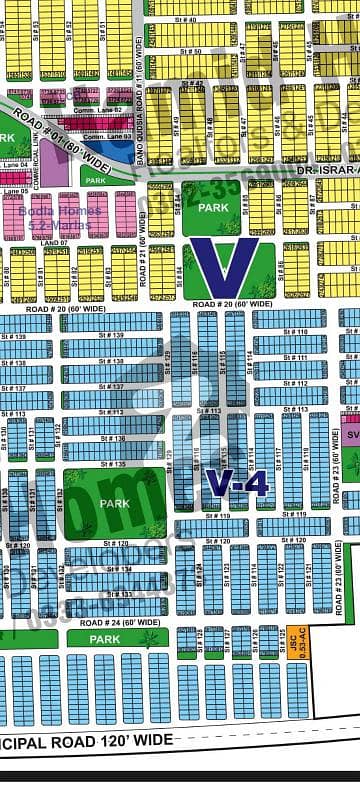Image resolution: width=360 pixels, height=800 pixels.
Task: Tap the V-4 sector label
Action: tap(237, 485)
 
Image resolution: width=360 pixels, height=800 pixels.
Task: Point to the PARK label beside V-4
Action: tap(114, 503)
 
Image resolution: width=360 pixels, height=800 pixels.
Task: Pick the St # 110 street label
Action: tap(295, 332)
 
